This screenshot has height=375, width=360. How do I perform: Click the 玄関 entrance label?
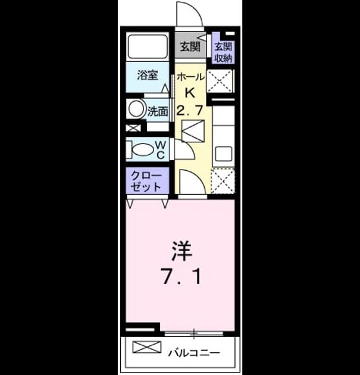190,46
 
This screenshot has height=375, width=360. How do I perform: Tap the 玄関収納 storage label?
224,52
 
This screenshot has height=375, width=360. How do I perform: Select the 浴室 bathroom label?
148,75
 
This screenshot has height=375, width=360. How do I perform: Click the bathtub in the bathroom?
148,46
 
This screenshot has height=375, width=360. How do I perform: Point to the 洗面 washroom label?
158,111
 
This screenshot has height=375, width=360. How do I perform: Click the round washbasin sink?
136,108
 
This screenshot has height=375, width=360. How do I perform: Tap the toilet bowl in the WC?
143,150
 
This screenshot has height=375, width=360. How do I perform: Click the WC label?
161,150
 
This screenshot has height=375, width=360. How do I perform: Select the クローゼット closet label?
146,181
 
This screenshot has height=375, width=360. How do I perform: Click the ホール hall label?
190,77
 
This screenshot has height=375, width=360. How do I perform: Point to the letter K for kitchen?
190,92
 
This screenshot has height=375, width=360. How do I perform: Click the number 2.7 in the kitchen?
190,110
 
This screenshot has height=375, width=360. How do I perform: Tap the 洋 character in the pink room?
181,251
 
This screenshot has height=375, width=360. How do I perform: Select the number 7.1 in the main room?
181,276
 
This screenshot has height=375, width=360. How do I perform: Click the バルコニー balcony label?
194,352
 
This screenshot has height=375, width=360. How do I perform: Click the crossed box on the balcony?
147,347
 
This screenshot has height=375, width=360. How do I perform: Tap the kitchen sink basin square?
224,154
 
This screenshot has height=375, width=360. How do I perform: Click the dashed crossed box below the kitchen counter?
223,180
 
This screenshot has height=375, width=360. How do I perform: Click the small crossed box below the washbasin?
133,128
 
